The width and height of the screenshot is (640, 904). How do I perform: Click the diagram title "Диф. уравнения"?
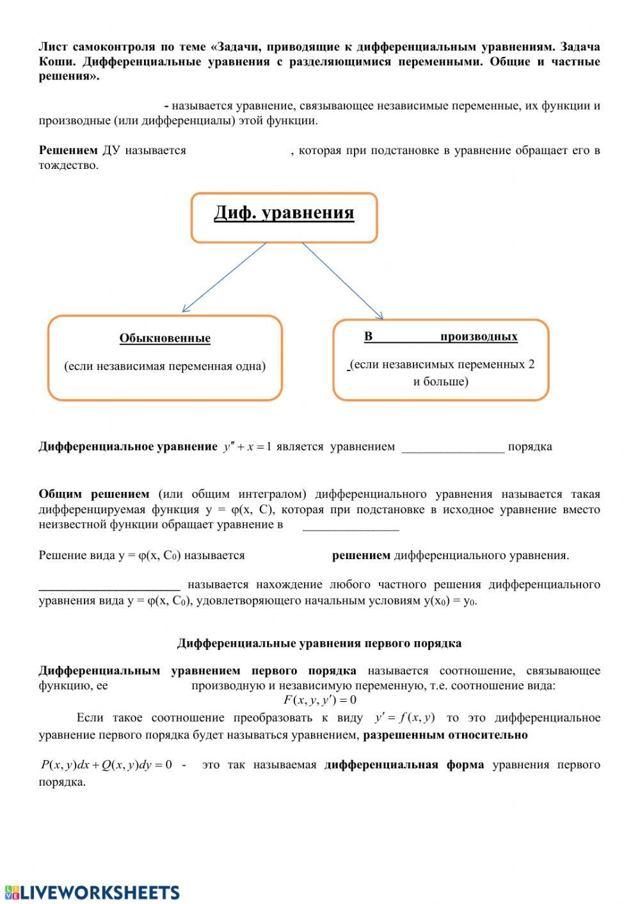[284, 212]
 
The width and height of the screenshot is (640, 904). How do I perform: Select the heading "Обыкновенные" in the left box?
[164, 338]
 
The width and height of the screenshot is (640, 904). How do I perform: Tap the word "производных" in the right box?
[479, 337]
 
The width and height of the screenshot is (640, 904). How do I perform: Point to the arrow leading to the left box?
[224, 278]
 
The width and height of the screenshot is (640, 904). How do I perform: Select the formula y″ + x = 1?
[248, 447]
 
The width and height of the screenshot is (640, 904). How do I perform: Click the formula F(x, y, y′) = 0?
[320, 700]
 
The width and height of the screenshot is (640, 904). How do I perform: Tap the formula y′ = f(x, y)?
[404, 717]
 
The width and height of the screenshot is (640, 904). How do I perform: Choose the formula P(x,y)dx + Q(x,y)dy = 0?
[106, 765]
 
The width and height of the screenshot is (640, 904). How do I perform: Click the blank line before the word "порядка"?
[452, 448]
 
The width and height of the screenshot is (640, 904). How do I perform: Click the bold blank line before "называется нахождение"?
[109, 585]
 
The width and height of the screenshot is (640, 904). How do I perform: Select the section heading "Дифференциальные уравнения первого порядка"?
[319, 643]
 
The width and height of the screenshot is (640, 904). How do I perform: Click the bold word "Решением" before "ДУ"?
[68, 150]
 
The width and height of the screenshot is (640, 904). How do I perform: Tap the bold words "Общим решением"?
[93, 494]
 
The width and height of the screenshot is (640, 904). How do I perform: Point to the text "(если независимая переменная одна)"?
[164, 367]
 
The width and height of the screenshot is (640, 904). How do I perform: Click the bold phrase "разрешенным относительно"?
[445, 734]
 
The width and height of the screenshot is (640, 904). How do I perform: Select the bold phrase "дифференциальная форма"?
[404, 765]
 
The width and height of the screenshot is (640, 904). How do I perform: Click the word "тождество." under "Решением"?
[68, 165]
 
